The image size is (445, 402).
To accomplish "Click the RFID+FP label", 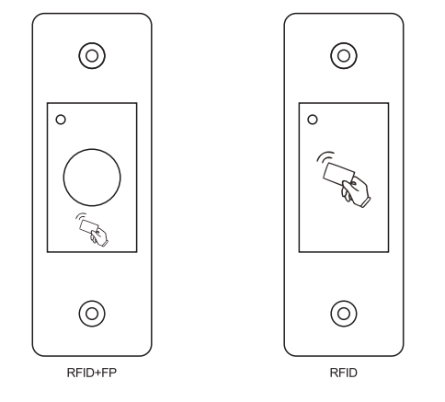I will point(91,375).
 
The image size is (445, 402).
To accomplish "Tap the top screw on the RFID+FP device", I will point(91,56).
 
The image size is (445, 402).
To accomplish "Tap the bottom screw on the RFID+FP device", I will point(91,313).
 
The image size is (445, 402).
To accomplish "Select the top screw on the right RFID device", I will point(344,56).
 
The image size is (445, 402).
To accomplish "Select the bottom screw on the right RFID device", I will point(344,313).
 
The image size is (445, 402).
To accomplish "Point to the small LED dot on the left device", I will point(61,119).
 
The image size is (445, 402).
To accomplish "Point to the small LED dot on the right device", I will point(313,119).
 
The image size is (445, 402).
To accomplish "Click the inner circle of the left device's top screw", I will point(91,56).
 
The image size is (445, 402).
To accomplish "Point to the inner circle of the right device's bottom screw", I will point(344,313).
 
